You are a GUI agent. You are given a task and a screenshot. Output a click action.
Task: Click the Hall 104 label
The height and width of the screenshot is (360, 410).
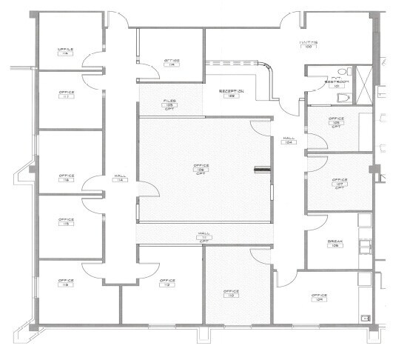(x=289, y=141)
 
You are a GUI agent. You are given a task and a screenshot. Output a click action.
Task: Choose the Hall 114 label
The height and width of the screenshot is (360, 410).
(x=118, y=178)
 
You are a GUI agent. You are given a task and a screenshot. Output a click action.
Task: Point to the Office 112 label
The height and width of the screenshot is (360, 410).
(x=167, y=283)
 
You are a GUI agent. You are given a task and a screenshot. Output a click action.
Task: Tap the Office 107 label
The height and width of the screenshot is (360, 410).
(x=339, y=182)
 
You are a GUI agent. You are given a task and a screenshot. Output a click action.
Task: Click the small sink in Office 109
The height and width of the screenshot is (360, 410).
(x=363, y=318)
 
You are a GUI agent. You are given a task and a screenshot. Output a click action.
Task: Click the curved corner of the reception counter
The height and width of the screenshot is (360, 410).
(x=268, y=68)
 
